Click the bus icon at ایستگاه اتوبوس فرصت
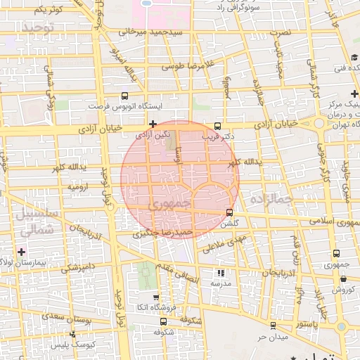click(x=125, y=96)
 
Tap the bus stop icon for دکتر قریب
click(x=217, y=122)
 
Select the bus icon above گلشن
click(x=230, y=212)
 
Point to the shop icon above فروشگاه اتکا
click(x=156, y=297)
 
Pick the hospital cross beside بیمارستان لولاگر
click(x=22, y=252)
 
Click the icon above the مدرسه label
click(x=220, y=273)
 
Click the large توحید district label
click(x=38, y=27)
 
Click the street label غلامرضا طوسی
click(x=188, y=67)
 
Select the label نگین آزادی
click(x=153, y=134)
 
